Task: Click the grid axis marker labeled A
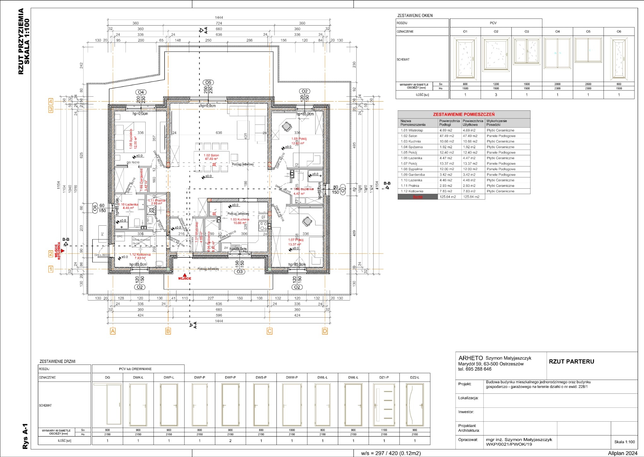113,331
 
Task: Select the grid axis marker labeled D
325,331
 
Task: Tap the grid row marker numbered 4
50,102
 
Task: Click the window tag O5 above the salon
208,83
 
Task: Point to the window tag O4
141,92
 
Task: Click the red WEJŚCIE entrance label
184,278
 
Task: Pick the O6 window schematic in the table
618,59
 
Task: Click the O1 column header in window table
465,32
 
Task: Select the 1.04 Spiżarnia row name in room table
412,147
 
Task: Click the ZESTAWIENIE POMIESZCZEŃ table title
464,115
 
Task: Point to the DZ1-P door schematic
384,405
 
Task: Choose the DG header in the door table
107,377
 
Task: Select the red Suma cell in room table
418,197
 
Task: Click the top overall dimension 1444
219,18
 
